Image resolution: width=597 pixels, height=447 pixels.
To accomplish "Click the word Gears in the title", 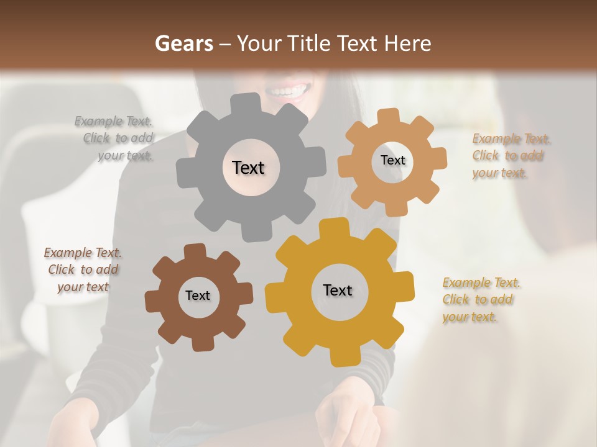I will pyautogui.click(x=183, y=43).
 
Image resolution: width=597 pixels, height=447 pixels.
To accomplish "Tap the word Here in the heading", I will pyautogui.click(x=409, y=43).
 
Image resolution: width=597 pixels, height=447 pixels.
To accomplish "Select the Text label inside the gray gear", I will pyautogui.click(x=248, y=168).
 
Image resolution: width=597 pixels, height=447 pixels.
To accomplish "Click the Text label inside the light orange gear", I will pyautogui.click(x=392, y=160).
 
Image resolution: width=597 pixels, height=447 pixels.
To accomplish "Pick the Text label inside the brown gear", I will pyautogui.click(x=198, y=296).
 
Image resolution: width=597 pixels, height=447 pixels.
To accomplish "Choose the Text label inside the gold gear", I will pyautogui.click(x=338, y=290).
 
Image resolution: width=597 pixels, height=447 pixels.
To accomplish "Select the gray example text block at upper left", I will pyautogui.click(x=116, y=138).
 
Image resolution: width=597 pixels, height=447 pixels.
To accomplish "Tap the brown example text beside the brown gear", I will pyautogui.click(x=83, y=269).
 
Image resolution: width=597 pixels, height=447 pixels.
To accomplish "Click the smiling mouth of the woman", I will pyautogui.click(x=287, y=91).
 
